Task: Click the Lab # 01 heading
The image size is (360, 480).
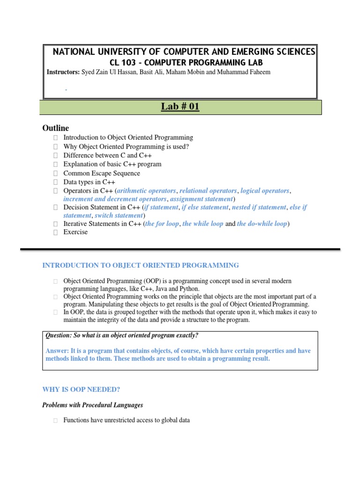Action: click(x=180, y=107)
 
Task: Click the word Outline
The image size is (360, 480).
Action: click(x=56, y=128)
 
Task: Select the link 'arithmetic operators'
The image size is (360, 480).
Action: click(x=147, y=191)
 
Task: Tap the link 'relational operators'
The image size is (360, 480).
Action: click(x=208, y=191)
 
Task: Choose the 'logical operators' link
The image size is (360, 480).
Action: click(x=265, y=191)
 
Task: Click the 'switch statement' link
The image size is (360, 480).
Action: click(x=119, y=216)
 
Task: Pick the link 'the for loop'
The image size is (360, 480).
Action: click(x=162, y=224)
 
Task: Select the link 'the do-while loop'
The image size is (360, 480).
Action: click(x=262, y=224)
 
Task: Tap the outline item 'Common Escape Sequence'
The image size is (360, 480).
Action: click(x=102, y=173)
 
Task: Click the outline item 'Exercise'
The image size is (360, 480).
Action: click(x=75, y=232)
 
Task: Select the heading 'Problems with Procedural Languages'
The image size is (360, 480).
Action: click(x=93, y=405)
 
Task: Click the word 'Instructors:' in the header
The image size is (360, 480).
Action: click(x=63, y=72)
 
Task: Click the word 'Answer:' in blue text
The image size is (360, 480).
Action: click(x=57, y=351)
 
